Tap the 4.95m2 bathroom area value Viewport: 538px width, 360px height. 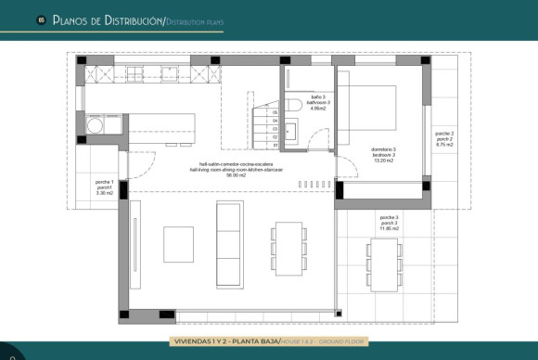pyautogui.click(x=319, y=109)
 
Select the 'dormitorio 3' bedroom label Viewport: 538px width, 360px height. pyautogui.click(x=383, y=150)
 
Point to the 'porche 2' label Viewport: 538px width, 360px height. pyautogui.click(x=444, y=135)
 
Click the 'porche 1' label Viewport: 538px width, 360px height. pyautogui.click(x=104, y=182)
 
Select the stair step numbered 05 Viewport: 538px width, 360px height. pyautogui.click(x=275, y=112)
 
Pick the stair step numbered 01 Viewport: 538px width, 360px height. pyautogui.click(x=275, y=146)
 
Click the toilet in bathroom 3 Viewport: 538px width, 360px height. pyautogui.click(x=291, y=105)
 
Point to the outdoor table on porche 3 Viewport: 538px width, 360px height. pyautogui.click(x=382, y=264)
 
